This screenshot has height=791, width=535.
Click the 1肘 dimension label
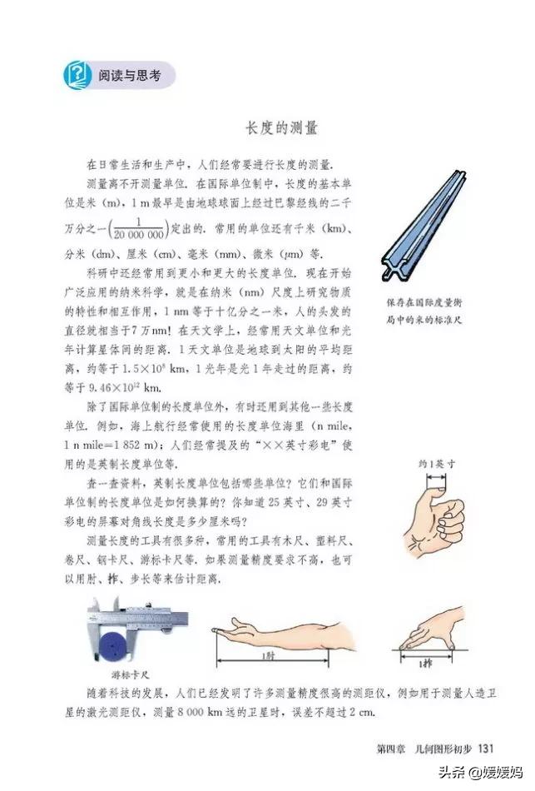click(267, 656)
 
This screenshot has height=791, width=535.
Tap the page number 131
click(486, 744)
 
